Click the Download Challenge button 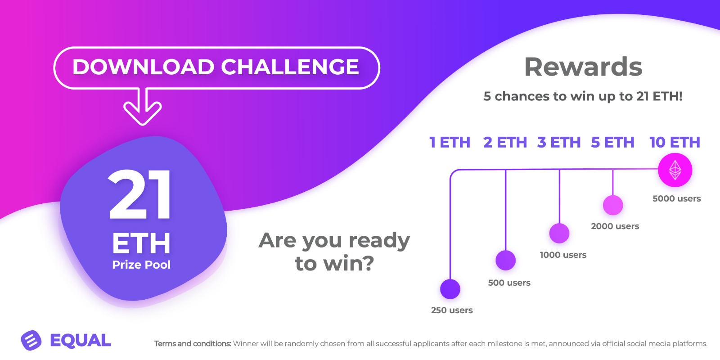(216, 67)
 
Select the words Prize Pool (141, 265)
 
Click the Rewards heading (583, 67)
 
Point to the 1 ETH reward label (450, 142)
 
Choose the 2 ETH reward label (505, 142)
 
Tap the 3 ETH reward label (558, 142)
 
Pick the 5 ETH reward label (612, 142)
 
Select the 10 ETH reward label (675, 142)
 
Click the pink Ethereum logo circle (675, 170)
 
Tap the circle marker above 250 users (450, 289)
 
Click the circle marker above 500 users (506, 260)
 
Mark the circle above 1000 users (559, 233)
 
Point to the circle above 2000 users (613, 205)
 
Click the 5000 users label (677, 198)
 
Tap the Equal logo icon (31, 340)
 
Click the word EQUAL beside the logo (81, 340)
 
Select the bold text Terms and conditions (193, 344)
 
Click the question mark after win (367, 263)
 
